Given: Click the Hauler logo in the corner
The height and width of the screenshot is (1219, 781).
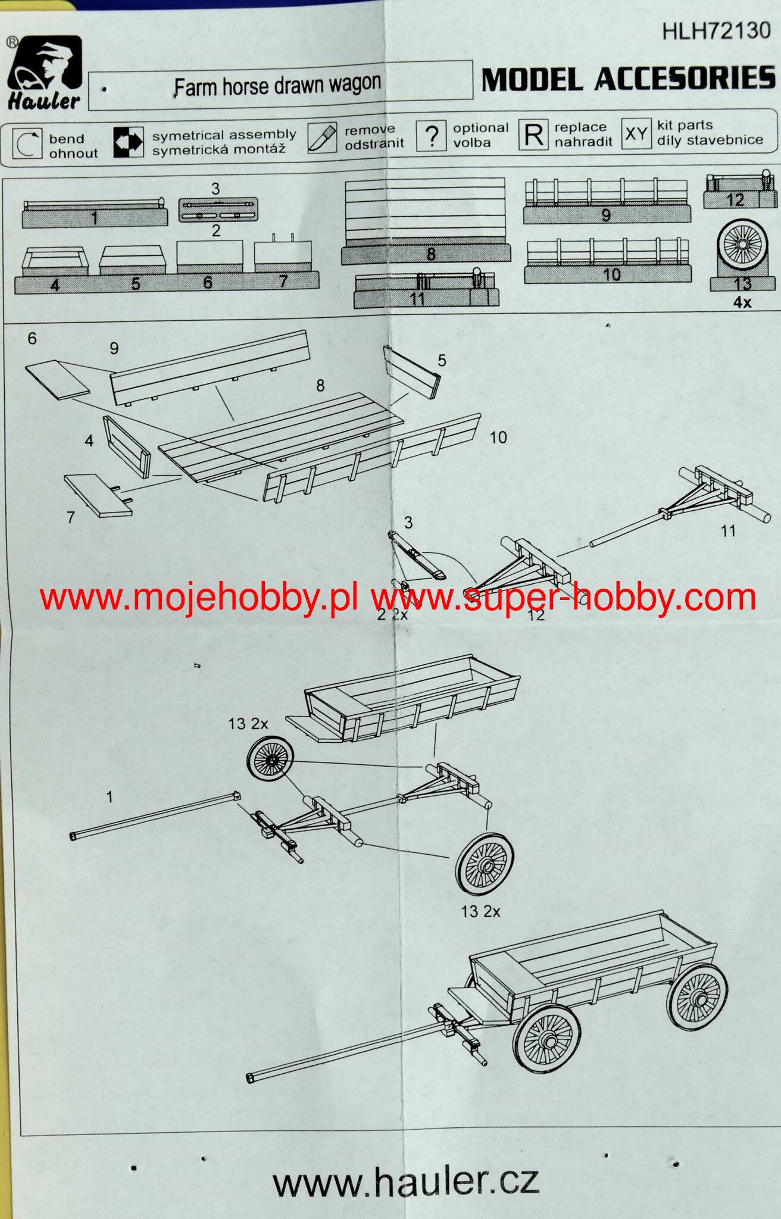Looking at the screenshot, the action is (x=44, y=73).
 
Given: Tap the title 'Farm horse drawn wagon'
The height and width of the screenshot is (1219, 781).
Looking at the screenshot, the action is (x=277, y=86).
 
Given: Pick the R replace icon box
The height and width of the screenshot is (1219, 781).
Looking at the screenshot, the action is (x=533, y=135).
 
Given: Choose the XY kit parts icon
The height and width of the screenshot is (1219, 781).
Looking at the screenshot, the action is (x=636, y=134).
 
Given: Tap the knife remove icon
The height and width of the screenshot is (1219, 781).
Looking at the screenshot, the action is (x=322, y=138).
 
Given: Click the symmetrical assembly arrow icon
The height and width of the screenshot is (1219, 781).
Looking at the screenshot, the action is (x=129, y=142).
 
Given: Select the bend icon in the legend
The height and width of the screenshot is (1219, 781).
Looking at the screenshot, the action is (x=27, y=144).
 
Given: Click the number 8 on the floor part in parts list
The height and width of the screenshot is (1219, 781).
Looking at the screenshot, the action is (x=431, y=254).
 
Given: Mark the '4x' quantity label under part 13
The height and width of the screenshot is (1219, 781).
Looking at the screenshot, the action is (x=742, y=302).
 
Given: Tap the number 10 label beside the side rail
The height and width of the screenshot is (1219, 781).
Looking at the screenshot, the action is (x=498, y=437).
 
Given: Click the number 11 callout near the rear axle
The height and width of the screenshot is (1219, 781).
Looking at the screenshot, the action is (x=728, y=530).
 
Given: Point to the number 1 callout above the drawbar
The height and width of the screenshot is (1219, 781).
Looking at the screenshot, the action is (x=110, y=796).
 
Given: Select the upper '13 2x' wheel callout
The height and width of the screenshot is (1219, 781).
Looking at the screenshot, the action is (x=248, y=724).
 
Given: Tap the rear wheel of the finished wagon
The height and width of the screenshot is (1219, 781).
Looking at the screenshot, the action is (x=697, y=997).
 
